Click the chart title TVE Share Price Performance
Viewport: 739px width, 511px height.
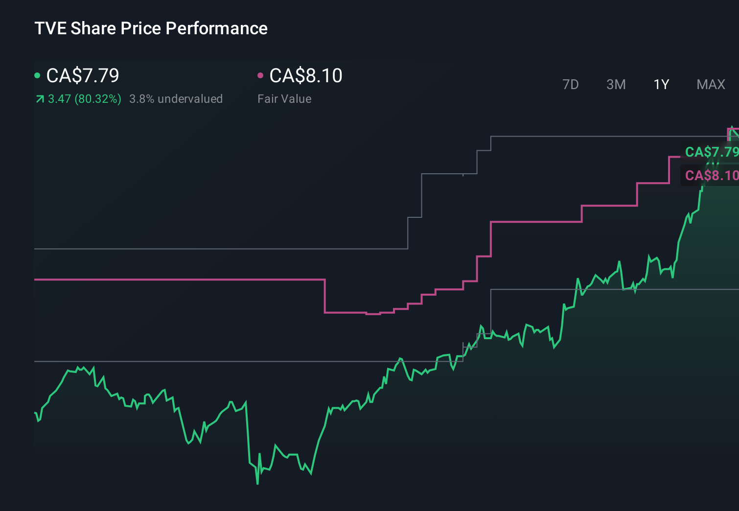(x=151, y=28)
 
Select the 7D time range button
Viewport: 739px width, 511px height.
(x=570, y=85)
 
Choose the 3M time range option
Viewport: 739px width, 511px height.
(x=616, y=85)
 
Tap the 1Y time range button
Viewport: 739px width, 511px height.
(x=661, y=85)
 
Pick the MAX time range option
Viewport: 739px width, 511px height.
(x=711, y=85)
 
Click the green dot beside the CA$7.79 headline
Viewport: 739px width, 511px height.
(x=37, y=75)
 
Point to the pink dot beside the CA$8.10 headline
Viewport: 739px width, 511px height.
(x=260, y=75)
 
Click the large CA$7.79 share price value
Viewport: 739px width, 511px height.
(x=83, y=75)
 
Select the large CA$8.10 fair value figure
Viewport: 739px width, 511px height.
(x=306, y=75)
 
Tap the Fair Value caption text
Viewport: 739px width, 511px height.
(x=284, y=99)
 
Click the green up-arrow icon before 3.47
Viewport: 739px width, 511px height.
(x=40, y=99)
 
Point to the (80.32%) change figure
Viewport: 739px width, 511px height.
(x=98, y=99)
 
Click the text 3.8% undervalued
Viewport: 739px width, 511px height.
(x=176, y=99)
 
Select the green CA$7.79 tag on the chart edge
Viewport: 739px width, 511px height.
(x=711, y=152)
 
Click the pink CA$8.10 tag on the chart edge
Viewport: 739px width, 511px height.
(x=711, y=175)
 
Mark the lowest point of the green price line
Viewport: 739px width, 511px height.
(x=257, y=484)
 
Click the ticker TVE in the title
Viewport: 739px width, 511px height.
(x=50, y=28)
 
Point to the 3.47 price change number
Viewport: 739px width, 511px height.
(x=59, y=99)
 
